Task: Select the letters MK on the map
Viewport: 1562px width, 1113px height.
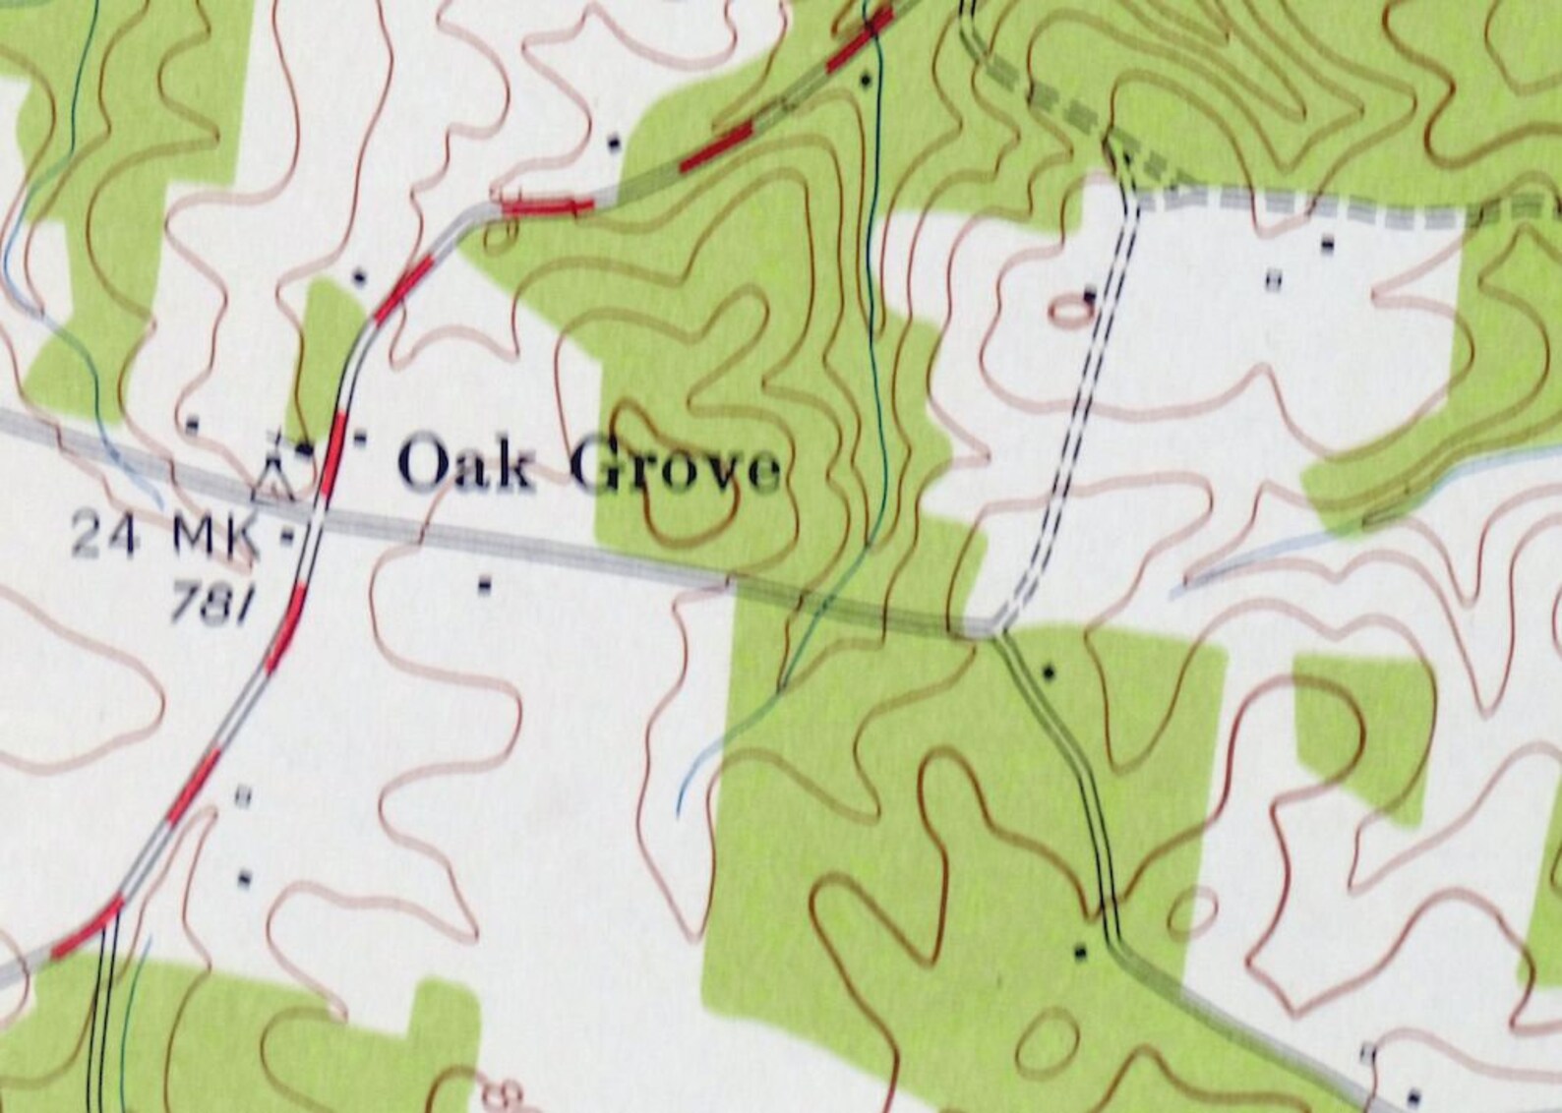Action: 215,538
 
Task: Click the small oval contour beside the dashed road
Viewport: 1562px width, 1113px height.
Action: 1070,312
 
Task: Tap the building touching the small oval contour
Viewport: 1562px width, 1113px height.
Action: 1090,294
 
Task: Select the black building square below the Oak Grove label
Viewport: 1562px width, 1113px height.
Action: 484,586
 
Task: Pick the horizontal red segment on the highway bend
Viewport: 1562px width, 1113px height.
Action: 547,205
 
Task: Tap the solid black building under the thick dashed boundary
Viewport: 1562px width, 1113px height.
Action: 1329,243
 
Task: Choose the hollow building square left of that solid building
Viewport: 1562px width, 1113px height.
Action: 1274,281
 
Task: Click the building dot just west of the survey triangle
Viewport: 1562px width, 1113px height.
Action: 193,424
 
